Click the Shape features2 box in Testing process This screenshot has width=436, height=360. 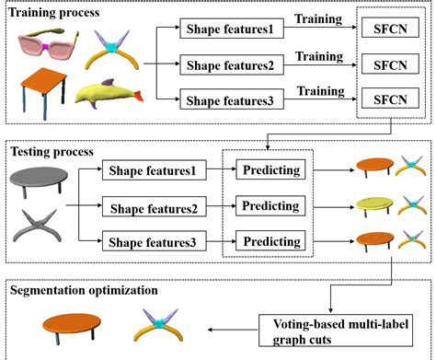[x=154, y=207]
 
